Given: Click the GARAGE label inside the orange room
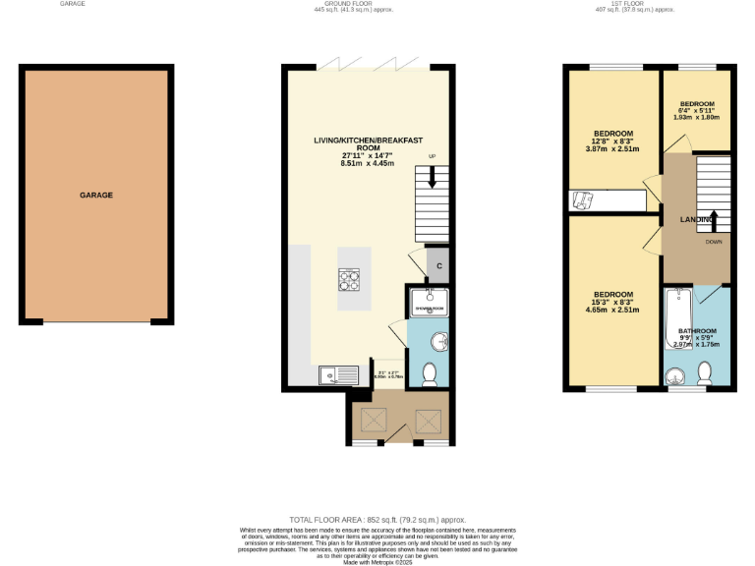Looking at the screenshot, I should pyautogui.click(x=96, y=196).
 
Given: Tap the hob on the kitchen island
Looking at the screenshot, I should pyautogui.click(x=351, y=280).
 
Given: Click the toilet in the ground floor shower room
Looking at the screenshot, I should pyautogui.click(x=429, y=373).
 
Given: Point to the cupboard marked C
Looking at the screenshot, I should pyautogui.click(x=439, y=265).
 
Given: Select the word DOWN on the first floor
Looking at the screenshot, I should pyautogui.click(x=715, y=241).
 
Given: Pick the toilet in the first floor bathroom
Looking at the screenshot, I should pyautogui.click(x=704, y=373).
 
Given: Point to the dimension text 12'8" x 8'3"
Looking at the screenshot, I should pyautogui.click(x=612, y=141).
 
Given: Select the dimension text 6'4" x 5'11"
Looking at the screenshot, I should pyautogui.click(x=696, y=111).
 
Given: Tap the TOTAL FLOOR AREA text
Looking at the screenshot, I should pyautogui.click(x=377, y=519).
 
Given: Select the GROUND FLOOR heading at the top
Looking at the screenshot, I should pyautogui.click(x=367, y=4).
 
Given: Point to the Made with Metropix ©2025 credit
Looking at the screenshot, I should pyautogui.click(x=377, y=562).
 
